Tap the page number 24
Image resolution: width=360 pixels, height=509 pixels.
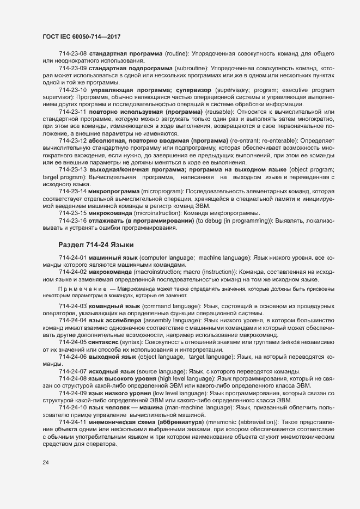(x=45, y=463)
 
